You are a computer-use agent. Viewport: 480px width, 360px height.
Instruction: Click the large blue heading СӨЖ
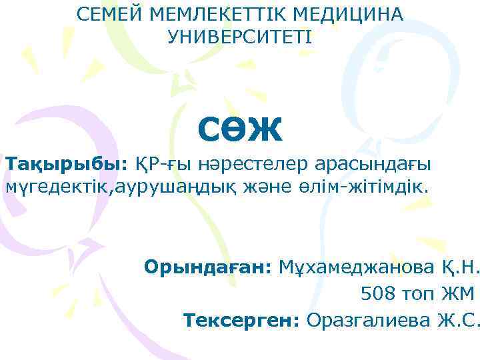point(240,129)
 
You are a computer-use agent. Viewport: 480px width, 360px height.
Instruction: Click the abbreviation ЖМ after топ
point(459,293)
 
